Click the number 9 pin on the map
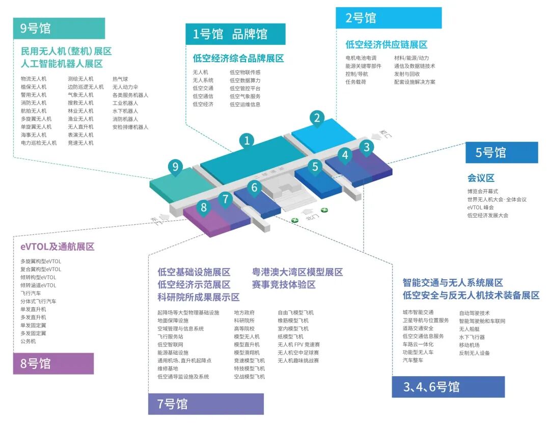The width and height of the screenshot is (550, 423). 175,167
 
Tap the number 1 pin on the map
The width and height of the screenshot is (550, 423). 247,140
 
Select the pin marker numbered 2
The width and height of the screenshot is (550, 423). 317,118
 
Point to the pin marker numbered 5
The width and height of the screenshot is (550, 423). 315,167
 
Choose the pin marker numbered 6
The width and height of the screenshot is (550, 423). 254,188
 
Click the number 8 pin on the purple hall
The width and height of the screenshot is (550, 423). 204,207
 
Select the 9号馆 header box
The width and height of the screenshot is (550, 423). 59,29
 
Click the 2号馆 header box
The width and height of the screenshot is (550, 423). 388,18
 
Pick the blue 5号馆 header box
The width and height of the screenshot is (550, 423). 501,152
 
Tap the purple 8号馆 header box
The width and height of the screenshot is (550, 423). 53,363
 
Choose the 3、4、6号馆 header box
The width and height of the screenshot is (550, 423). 448,387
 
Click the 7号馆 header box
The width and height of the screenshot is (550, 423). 206,404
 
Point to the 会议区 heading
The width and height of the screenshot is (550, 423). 481,178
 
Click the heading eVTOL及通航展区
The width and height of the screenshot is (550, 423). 58,247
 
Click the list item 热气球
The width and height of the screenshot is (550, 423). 121,79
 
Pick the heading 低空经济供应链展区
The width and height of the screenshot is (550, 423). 386,45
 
